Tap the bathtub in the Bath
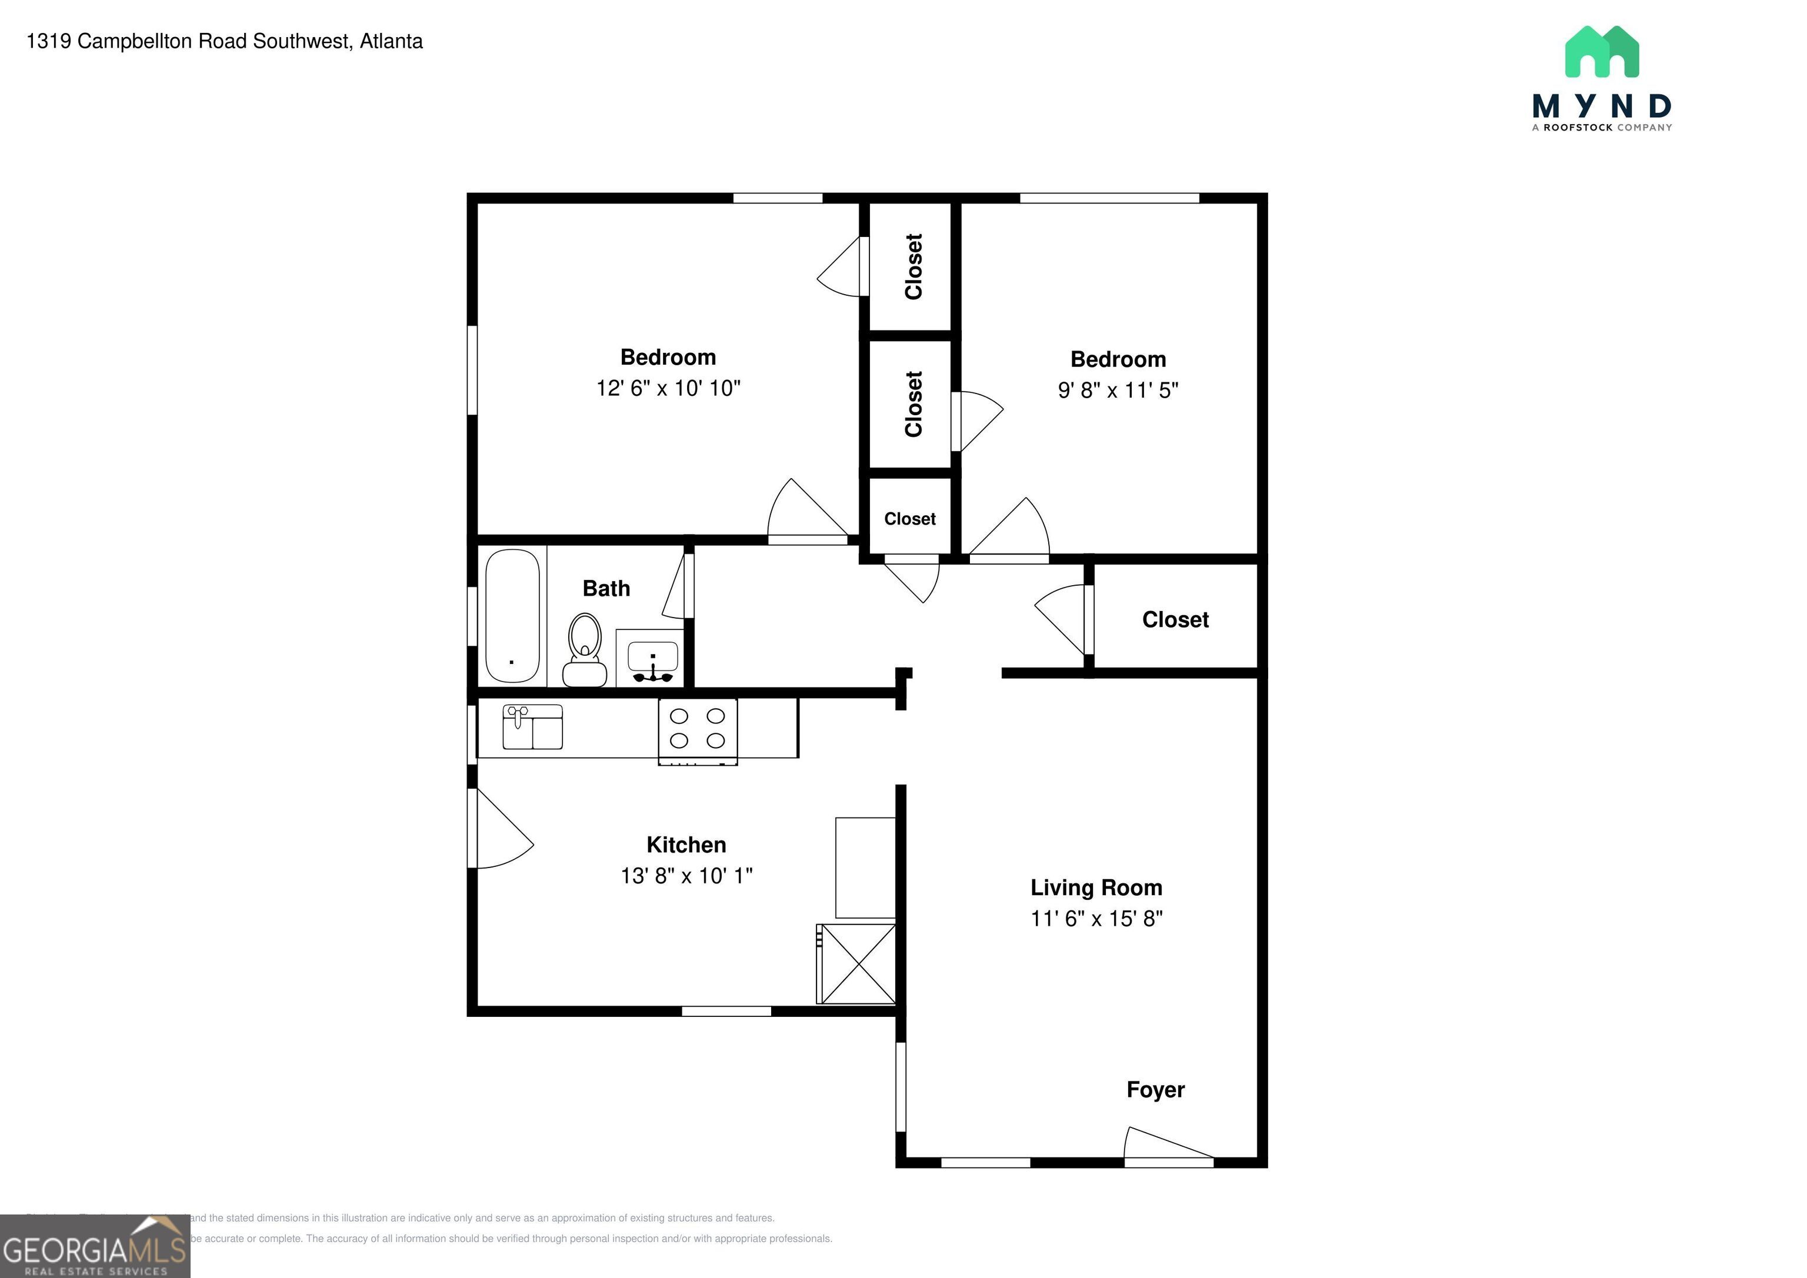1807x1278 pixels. tap(512, 615)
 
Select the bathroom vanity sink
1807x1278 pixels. tap(652, 659)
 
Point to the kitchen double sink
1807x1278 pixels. tap(533, 727)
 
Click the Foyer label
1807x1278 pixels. tap(1155, 1089)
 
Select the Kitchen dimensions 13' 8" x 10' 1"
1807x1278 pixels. tap(686, 876)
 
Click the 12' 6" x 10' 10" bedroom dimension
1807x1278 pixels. tap(668, 388)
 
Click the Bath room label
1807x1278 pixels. tap(606, 589)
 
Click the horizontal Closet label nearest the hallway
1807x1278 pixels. tap(910, 519)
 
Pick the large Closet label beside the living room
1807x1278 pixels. tap(1175, 619)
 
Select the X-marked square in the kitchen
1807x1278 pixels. tap(857, 963)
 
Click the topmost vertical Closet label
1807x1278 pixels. tap(913, 266)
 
